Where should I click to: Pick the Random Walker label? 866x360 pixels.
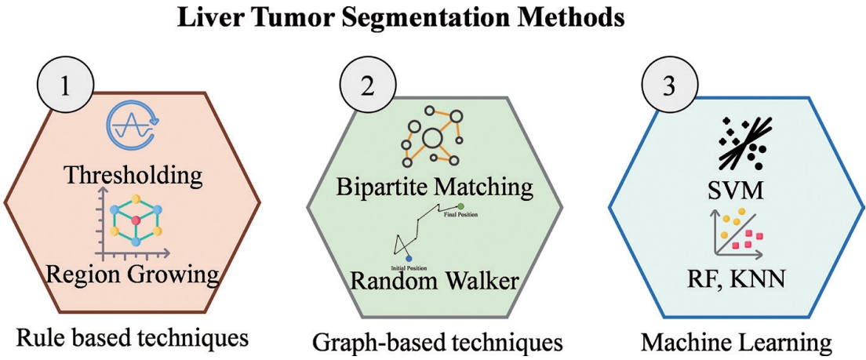435,282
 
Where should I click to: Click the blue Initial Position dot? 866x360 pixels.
409,258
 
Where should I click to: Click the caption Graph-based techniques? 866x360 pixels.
436,342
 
